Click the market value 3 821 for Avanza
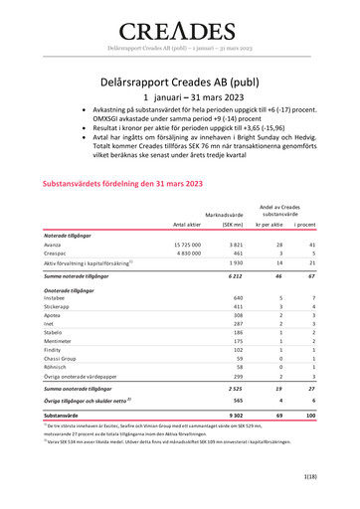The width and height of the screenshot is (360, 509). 236,244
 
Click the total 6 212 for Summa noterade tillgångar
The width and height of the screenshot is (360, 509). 236,274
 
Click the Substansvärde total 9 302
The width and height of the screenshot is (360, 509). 236,425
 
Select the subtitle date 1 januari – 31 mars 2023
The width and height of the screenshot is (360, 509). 180,97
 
